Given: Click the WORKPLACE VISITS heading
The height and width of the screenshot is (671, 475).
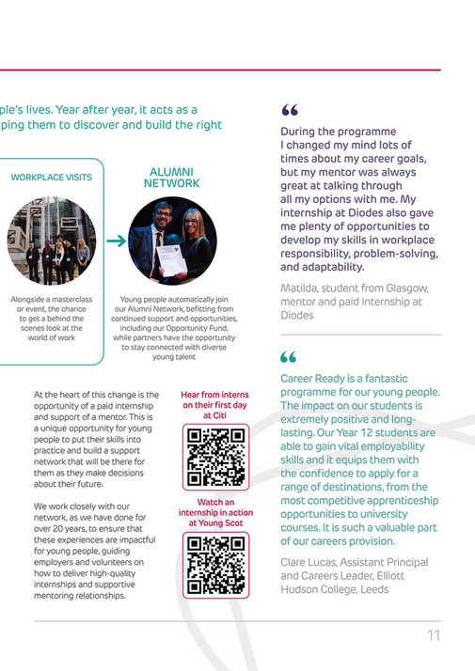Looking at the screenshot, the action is pyautogui.click(x=52, y=178).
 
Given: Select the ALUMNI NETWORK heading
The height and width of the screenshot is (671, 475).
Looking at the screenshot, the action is pyautogui.click(x=171, y=178).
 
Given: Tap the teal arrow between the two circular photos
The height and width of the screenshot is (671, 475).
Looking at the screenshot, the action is pyautogui.click(x=116, y=242).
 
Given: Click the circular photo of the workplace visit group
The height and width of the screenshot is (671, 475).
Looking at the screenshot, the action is pyautogui.click(x=53, y=241).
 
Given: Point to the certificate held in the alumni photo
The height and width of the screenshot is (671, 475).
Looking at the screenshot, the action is pyautogui.click(x=171, y=257).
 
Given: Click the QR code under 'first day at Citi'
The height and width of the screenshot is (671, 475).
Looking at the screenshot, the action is pyautogui.click(x=215, y=457).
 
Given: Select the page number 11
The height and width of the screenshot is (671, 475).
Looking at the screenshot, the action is pyautogui.click(x=433, y=635).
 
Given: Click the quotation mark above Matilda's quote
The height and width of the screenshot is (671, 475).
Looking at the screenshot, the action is pyautogui.click(x=288, y=112).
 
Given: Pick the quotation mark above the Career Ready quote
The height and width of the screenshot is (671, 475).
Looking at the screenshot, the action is pyautogui.click(x=288, y=358).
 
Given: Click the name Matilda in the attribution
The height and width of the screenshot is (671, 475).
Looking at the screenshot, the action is pyautogui.click(x=301, y=288).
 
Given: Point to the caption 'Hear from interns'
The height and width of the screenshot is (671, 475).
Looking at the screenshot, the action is pyautogui.click(x=215, y=395).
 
